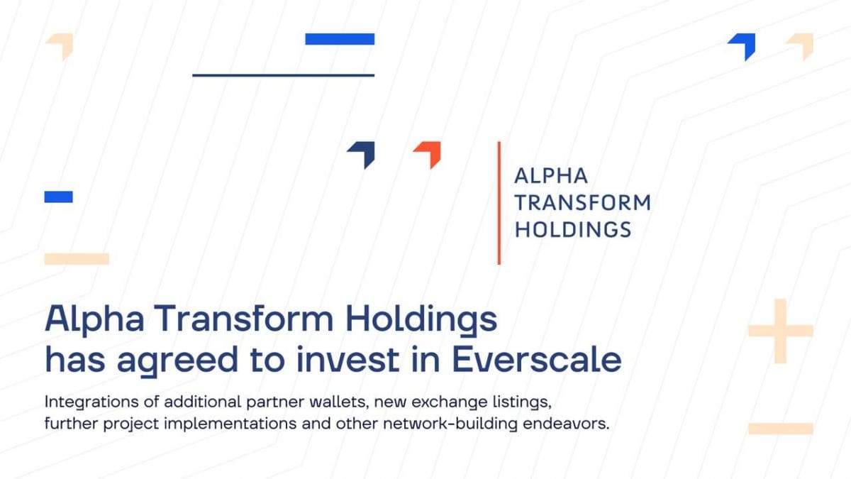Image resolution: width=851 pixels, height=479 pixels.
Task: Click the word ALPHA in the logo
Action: point(551,176)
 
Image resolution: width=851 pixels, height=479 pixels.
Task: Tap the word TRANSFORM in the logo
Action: point(582,203)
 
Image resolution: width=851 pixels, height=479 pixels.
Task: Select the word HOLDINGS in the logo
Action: point(572,229)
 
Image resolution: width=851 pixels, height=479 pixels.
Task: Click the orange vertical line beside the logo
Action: point(499,203)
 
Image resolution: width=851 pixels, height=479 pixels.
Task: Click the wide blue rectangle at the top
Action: point(340,39)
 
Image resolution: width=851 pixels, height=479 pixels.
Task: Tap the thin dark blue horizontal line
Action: point(283,75)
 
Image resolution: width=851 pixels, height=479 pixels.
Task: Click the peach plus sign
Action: point(780,331)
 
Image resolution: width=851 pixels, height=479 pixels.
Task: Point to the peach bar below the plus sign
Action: point(780,428)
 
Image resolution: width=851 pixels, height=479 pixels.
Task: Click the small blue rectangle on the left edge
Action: point(58,197)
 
